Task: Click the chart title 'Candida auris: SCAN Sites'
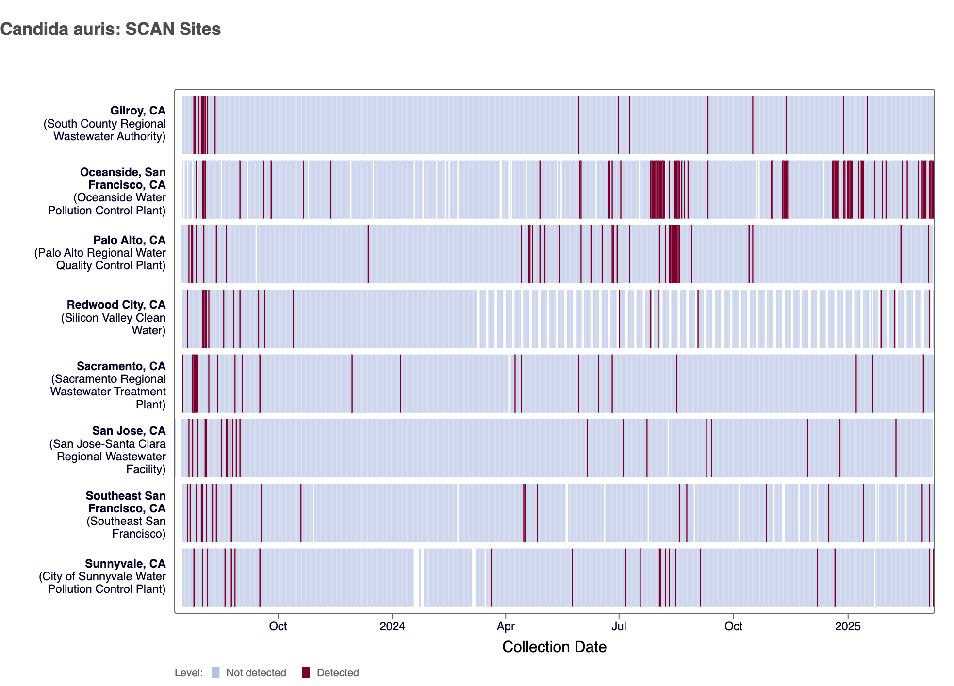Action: [111, 29]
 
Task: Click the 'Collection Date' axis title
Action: [554, 647]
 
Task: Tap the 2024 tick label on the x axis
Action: [392, 626]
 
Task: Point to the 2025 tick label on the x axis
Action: [848, 626]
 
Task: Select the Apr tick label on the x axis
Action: [506, 626]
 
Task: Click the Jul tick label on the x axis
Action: [619, 626]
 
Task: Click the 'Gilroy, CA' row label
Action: [138, 111]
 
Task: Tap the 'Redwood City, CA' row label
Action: [116, 305]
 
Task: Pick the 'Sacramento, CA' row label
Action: [121, 366]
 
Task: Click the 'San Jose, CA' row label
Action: [129, 431]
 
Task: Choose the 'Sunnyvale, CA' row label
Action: [125, 564]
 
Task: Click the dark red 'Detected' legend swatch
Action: [306, 672]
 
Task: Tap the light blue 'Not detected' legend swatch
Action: [215, 672]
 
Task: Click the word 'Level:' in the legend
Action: [188, 673]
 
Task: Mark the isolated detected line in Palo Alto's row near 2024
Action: [368, 254]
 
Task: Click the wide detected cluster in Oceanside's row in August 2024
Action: [658, 189]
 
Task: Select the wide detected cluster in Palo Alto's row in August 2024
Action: [674, 254]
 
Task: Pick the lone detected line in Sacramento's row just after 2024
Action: [400, 383]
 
